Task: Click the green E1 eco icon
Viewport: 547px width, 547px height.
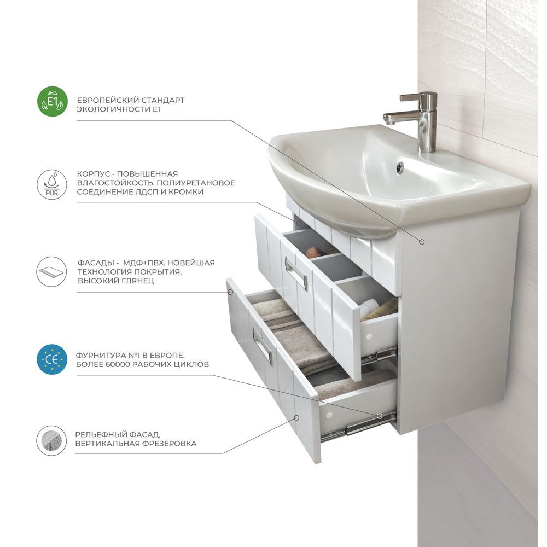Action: [x=53, y=102]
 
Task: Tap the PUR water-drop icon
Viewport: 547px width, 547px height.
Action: [x=52, y=184]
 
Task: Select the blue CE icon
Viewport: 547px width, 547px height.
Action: [x=51, y=359]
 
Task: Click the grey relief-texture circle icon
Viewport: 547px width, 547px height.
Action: [x=51, y=440]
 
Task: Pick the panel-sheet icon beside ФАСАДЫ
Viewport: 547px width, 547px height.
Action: [x=51, y=272]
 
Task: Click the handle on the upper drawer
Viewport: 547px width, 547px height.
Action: [x=295, y=273]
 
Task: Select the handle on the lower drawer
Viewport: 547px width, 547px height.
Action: [x=263, y=346]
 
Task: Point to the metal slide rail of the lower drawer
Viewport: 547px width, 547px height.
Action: [x=359, y=426]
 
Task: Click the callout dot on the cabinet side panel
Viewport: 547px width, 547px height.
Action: [x=422, y=242]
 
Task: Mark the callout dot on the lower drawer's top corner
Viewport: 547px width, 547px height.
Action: [x=230, y=292]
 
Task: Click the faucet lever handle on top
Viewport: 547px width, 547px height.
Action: [x=418, y=97]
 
